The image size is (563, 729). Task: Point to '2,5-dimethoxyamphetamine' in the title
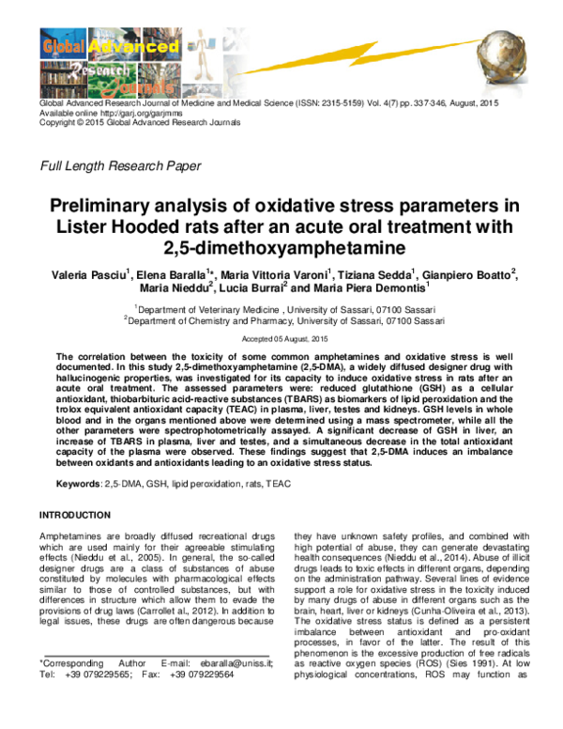[281, 248]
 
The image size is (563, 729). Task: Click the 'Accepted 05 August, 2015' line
[281, 337]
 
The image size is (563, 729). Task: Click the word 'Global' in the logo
[65, 42]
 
